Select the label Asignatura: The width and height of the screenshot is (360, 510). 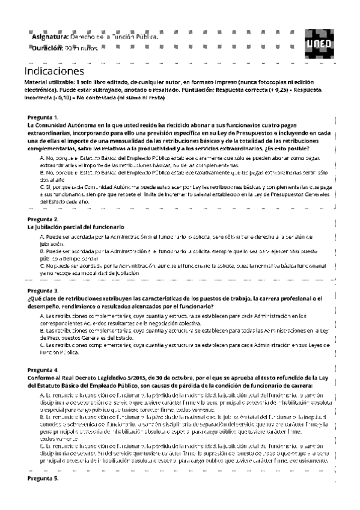50,37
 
